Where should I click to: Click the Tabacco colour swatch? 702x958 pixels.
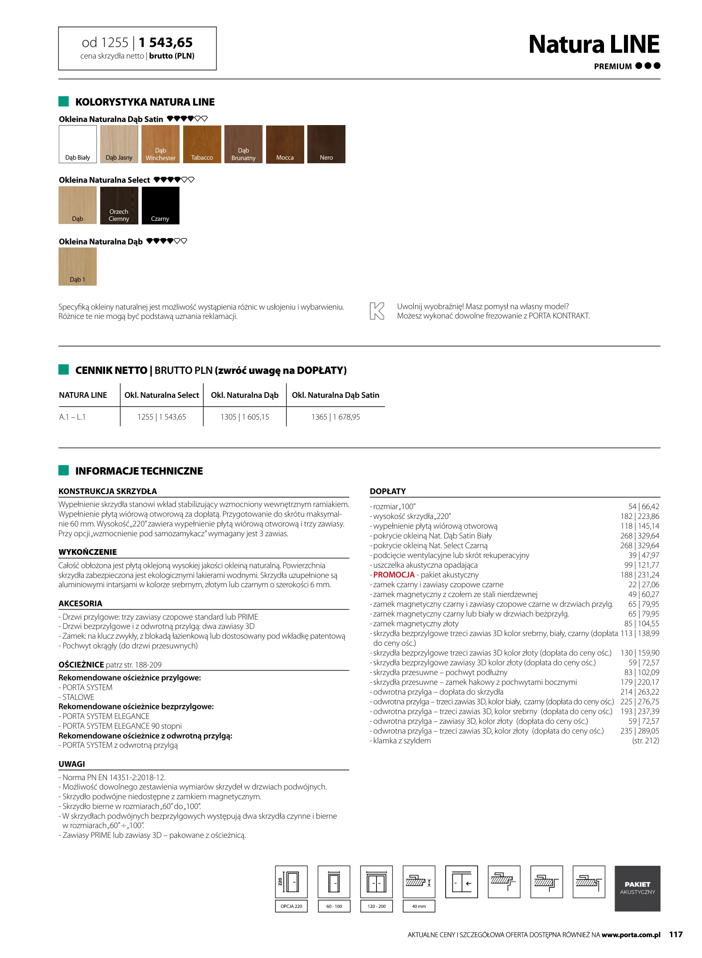click(x=202, y=144)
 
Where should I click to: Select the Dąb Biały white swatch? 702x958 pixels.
click(x=78, y=144)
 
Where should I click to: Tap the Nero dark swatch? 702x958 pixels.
click(x=326, y=144)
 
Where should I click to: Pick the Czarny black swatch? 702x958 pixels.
click(x=161, y=205)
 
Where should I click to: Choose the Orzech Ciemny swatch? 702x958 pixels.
click(x=119, y=205)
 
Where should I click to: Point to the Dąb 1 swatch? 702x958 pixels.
click(x=78, y=266)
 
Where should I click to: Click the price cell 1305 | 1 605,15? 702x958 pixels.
click(x=245, y=417)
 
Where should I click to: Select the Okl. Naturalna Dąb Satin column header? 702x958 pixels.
click(x=335, y=395)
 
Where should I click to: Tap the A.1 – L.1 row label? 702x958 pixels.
click(x=72, y=417)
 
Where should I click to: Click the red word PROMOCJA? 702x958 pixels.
click(x=394, y=575)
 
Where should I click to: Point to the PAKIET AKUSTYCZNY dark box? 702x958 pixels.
click(x=637, y=888)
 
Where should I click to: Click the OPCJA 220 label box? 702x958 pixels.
click(x=291, y=906)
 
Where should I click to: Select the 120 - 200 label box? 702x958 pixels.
click(x=376, y=906)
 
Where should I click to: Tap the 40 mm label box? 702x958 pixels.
click(x=419, y=906)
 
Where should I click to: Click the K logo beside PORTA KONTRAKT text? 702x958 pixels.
click(x=377, y=311)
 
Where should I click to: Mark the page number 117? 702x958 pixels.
click(x=675, y=934)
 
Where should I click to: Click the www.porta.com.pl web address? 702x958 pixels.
click(x=631, y=935)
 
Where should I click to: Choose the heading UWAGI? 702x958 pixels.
click(x=72, y=764)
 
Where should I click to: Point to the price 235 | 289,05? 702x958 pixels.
click(x=639, y=731)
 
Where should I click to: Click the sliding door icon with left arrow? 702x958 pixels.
click(x=461, y=882)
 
